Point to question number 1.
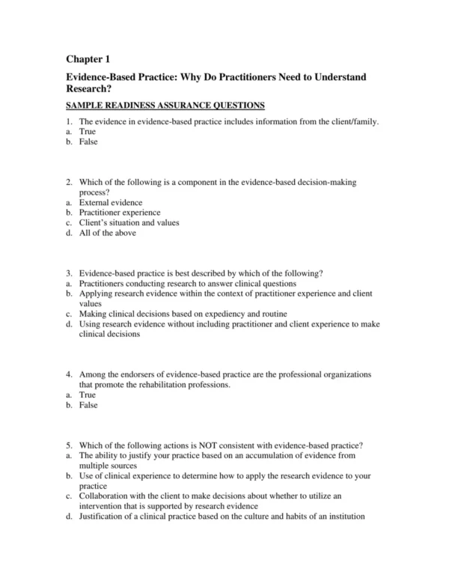68,121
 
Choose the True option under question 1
88,131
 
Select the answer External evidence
111,202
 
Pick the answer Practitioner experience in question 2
119,213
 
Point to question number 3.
68,274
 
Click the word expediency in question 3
225,313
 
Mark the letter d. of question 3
68,323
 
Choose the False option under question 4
88,405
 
